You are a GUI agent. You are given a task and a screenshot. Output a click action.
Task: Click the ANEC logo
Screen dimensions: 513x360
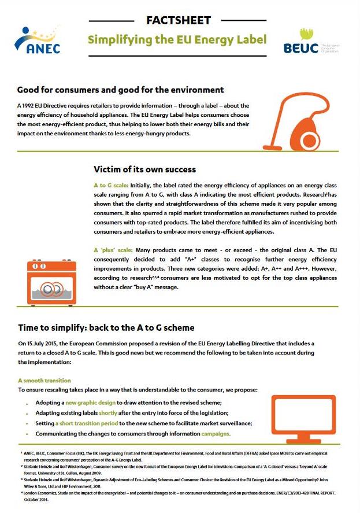38,39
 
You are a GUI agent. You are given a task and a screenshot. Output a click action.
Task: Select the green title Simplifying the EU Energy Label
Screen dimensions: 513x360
177,39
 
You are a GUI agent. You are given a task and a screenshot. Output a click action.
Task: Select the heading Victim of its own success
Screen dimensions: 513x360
144,169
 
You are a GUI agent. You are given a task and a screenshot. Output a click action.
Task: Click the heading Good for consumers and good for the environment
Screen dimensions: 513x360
120,90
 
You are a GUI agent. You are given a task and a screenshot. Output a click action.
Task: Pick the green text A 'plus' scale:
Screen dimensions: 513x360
114,250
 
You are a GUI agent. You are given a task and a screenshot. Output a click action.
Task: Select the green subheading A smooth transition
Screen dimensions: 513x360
44,381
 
